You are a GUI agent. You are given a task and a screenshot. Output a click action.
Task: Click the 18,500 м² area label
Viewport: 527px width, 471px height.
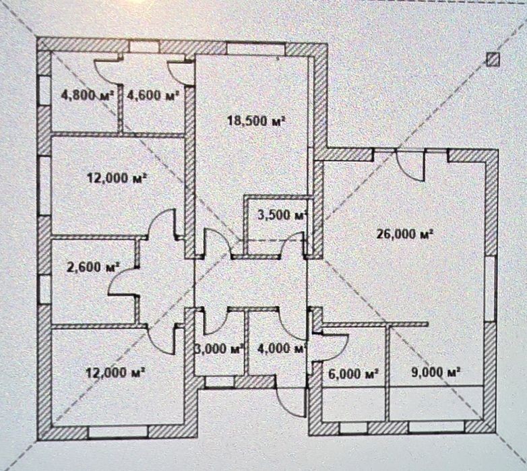click(x=256, y=121)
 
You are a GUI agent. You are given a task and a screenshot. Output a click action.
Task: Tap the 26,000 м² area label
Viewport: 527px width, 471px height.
click(x=404, y=234)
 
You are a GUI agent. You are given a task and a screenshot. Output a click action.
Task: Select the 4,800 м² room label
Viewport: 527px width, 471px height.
click(x=87, y=96)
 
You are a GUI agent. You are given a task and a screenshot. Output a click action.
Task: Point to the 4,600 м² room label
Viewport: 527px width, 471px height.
click(x=152, y=96)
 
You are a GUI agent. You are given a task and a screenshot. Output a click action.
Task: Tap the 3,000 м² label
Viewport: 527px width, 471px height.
click(x=219, y=349)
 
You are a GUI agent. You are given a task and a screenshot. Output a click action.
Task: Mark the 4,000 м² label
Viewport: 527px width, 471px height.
click(x=281, y=349)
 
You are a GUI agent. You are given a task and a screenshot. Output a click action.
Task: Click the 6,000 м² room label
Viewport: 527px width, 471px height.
click(x=353, y=373)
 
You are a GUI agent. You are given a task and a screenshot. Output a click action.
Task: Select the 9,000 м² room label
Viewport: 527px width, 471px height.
click(x=435, y=372)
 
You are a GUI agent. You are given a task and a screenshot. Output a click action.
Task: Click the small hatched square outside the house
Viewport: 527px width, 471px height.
click(x=493, y=60)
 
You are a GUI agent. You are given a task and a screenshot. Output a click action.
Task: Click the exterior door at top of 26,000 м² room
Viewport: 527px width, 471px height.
click(x=410, y=166)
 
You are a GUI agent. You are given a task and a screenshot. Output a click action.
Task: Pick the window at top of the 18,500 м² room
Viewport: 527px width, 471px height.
click(x=256, y=49)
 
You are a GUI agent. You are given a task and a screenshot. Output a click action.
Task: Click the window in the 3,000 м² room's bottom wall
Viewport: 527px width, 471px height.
click(x=219, y=382)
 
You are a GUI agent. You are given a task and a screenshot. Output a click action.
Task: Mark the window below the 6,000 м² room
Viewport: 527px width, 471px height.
click(x=354, y=427)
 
